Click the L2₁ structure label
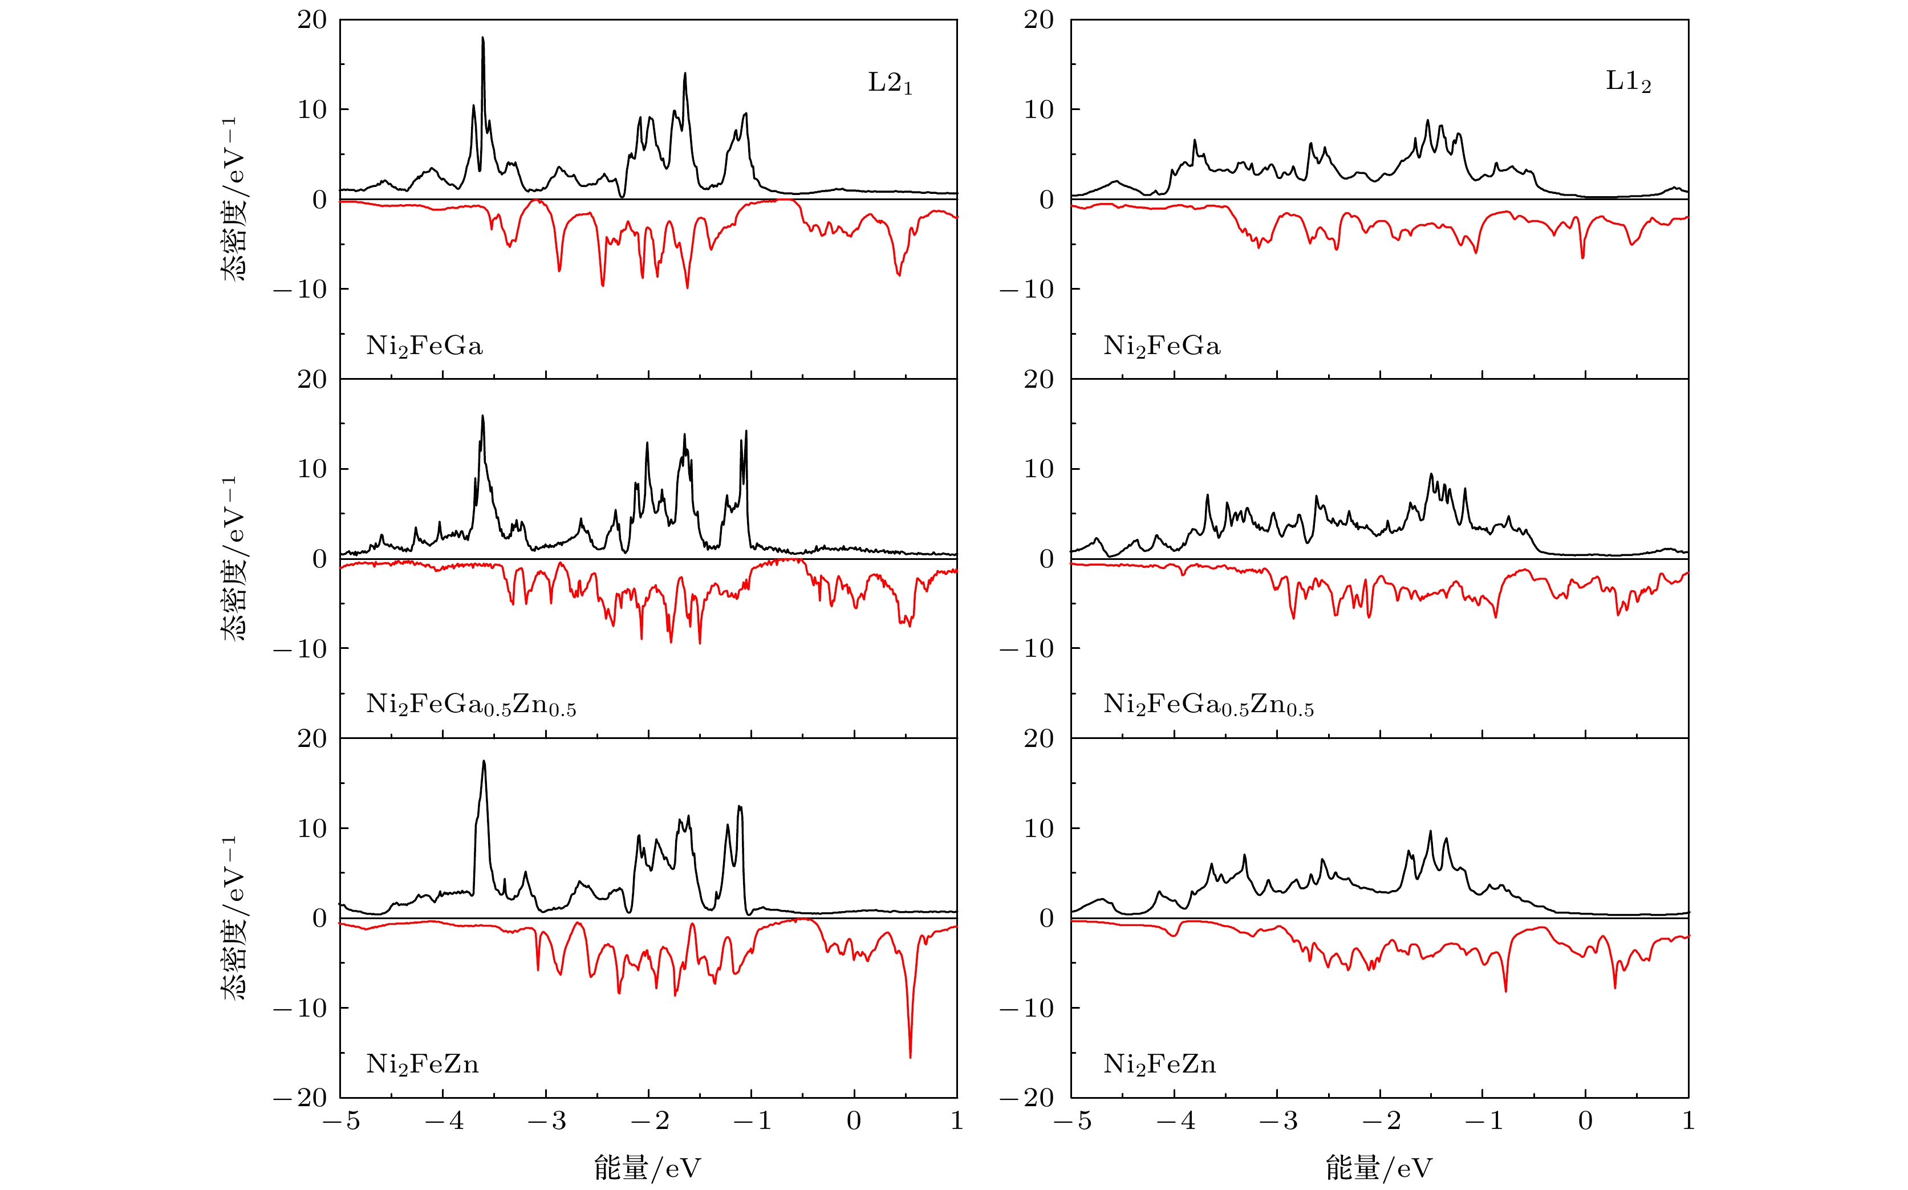[x=890, y=83]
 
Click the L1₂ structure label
[x=1628, y=81]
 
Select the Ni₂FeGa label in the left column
[x=424, y=346]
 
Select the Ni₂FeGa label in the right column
[x=1162, y=346]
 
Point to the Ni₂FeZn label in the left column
[x=422, y=1065]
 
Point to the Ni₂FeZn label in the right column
[x=1159, y=1065]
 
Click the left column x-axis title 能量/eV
[x=647, y=1168]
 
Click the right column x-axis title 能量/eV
[x=1379, y=1168]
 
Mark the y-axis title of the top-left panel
[x=234, y=199]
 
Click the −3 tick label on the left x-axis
[x=546, y=1121]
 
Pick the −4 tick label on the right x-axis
[x=1175, y=1121]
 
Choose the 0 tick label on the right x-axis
[x=1585, y=1121]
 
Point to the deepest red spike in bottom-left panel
[x=910, y=1056]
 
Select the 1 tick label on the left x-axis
[x=956, y=1121]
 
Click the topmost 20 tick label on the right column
[x=1038, y=20]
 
